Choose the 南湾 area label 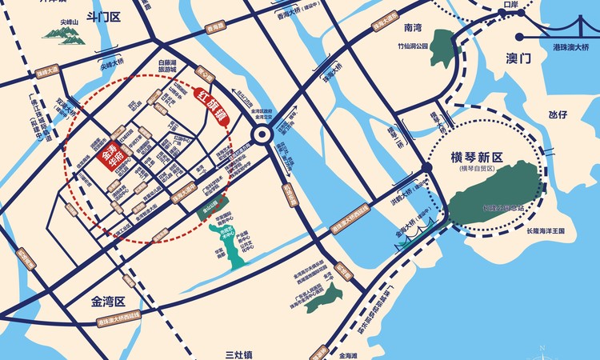[x=413, y=28]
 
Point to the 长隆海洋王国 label [x=546, y=230]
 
